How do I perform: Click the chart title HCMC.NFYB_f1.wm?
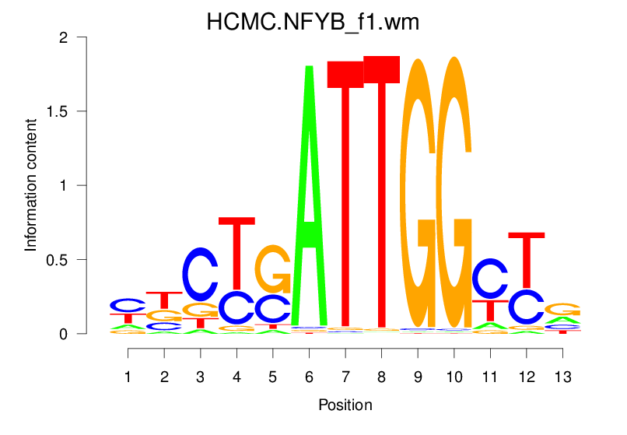[x=313, y=22]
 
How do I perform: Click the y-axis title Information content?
[x=31, y=184]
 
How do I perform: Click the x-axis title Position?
[x=345, y=405]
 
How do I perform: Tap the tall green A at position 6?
[x=309, y=195]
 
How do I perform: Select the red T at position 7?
[x=345, y=195]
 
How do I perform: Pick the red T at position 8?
[x=381, y=195]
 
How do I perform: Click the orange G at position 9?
[x=418, y=195]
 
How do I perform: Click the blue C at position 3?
[x=201, y=274]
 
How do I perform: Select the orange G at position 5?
[x=273, y=268]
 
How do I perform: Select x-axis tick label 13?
[x=562, y=377]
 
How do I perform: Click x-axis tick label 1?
[x=128, y=377]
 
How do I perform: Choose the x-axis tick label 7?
[x=345, y=377]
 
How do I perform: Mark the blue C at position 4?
[x=236, y=307]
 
